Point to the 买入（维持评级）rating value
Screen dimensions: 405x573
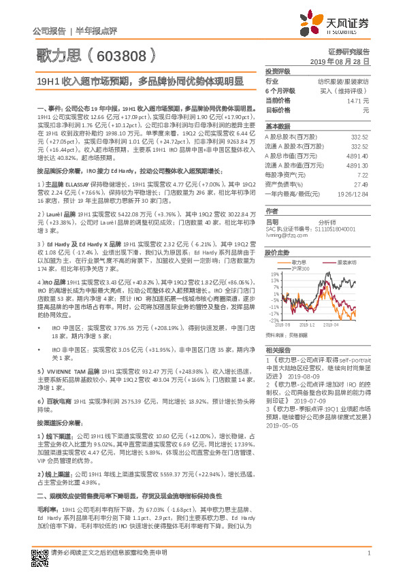346,91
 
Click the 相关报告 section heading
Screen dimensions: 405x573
278,348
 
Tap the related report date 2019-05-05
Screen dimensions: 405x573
282,425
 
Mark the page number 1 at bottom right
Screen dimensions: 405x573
368,553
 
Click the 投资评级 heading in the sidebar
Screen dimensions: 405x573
278,71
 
